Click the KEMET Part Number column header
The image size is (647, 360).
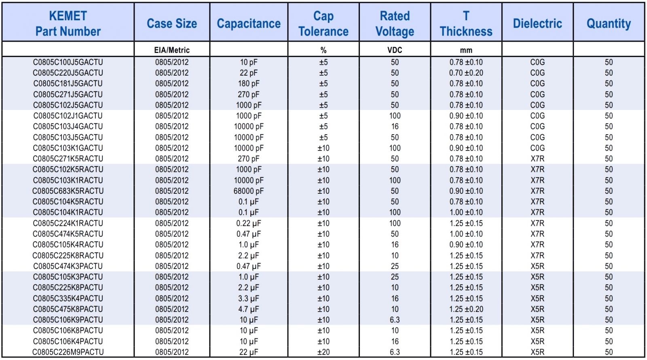(x=68, y=23)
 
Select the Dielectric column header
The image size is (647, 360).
(x=537, y=23)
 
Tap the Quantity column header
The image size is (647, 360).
(x=609, y=23)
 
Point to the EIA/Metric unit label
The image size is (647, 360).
(x=172, y=50)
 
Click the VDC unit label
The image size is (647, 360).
(x=395, y=50)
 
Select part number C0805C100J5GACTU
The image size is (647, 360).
(x=68, y=62)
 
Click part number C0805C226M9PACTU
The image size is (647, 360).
(x=68, y=352)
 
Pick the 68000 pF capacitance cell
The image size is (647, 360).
(x=249, y=191)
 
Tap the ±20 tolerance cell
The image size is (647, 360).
(x=323, y=352)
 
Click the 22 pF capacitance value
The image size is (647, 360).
(x=249, y=73)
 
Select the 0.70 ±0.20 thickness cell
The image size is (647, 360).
(x=466, y=73)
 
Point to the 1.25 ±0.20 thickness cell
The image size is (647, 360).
(x=466, y=309)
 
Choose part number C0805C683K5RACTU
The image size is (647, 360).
(x=68, y=191)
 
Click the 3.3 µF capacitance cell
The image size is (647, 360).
(x=249, y=299)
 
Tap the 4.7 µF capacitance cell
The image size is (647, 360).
(x=249, y=309)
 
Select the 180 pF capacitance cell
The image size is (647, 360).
(x=249, y=84)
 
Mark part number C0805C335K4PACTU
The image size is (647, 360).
(x=68, y=299)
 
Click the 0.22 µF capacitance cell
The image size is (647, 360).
(x=249, y=223)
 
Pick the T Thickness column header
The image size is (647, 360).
(x=466, y=23)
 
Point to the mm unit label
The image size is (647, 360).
(x=466, y=50)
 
